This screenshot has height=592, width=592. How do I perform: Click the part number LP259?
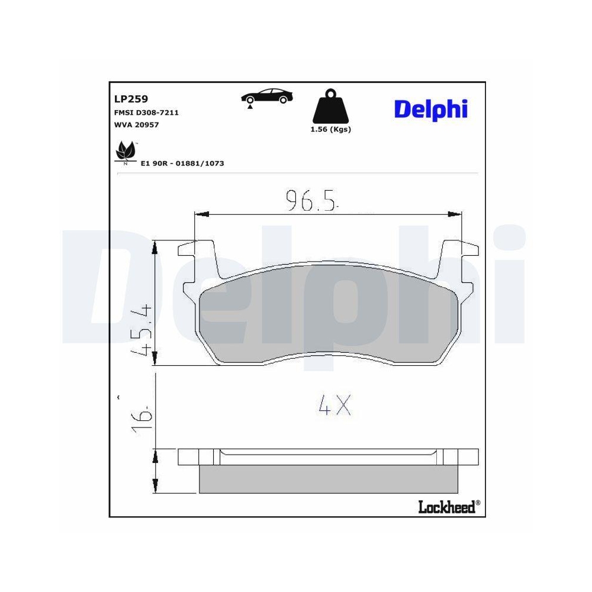pyautogui.click(x=131, y=99)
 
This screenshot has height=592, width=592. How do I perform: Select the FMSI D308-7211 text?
pyautogui.click(x=146, y=112)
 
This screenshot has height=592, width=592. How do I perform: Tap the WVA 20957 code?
pyautogui.click(x=136, y=124)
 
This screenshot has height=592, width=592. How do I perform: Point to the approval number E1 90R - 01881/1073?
pyautogui.click(x=182, y=163)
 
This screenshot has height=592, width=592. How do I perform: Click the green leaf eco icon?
pyautogui.click(x=126, y=152)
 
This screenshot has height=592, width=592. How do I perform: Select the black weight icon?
pyautogui.click(x=330, y=107)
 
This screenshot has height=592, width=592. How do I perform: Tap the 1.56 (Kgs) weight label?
pyautogui.click(x=330, y=130)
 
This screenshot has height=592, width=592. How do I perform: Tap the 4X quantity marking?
pyautogui.click(x=334, y=406)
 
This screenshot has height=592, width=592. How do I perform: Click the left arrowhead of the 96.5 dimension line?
pyautogui.click(x=200, y=213)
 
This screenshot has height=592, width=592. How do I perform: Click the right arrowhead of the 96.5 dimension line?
pyautogui.click(x=456, y=213)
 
